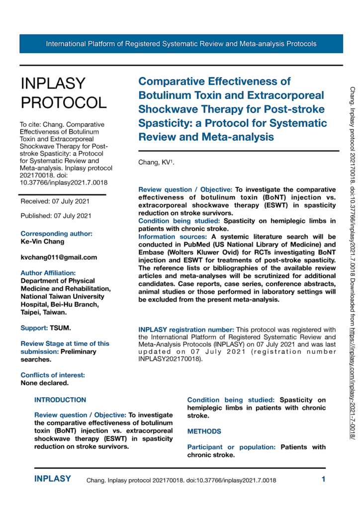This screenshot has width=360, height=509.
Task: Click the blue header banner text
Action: click(x=181, y=44)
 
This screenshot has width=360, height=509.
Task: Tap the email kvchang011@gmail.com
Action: click(x=59, y=257)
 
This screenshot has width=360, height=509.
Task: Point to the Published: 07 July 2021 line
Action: click(x=56, y=216)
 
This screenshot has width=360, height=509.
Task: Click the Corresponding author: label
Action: click(x=56, y=234)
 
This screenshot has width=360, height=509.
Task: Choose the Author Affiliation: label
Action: click(x=48, y=273)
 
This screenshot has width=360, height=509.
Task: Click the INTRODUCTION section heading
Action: click(x=60, y=400)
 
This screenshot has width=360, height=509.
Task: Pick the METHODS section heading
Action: click(x=204, y=431)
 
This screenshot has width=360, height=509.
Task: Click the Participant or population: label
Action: click(x=231, y=447)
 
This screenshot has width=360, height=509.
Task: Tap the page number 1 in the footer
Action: click(x=323, y=480)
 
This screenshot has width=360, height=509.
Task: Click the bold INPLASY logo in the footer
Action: click(x=53, y=479)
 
